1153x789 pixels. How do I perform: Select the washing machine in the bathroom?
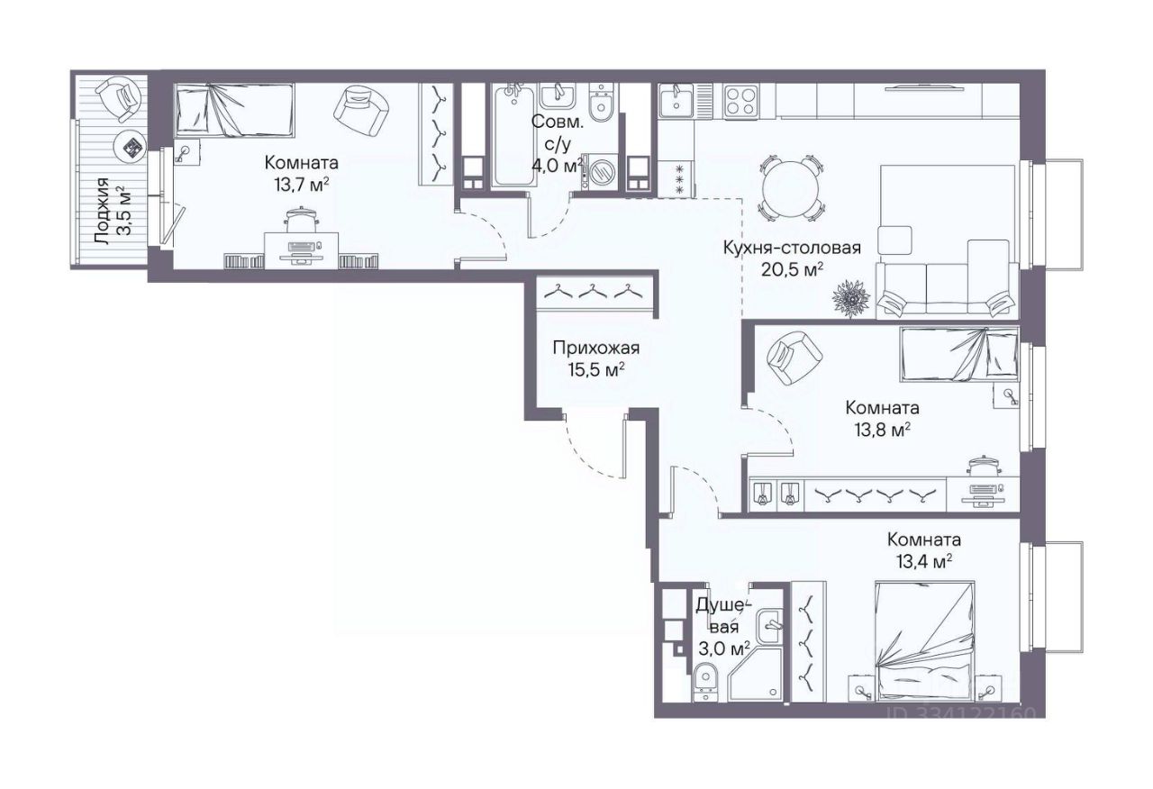click(600, 171)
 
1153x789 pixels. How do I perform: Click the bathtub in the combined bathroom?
click(513, 136)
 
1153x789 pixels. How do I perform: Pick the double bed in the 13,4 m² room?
click(926, 640)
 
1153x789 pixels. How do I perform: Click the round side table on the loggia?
click(131, 148)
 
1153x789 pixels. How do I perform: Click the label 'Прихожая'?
click(596, 348)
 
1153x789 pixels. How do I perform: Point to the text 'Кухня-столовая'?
click(792, 248)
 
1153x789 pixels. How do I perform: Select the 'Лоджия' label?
click(102, 211)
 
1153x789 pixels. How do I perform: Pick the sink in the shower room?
click(770, 625)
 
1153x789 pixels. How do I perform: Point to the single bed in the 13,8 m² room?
click(959, 355)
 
